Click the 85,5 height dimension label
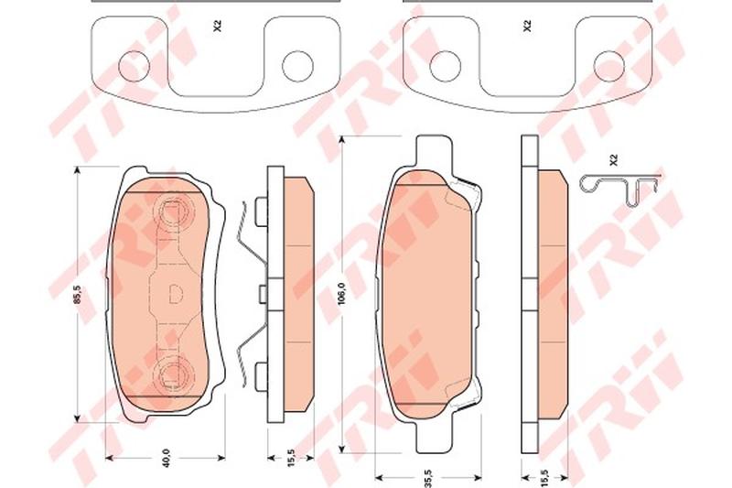click(78, 295)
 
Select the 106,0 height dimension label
click(340, 294)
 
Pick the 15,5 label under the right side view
click(545, 478)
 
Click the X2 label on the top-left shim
click(217, 27)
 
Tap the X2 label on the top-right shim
click(527, 27)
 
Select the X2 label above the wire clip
click(613, 160)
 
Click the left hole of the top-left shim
click(134, 67)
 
